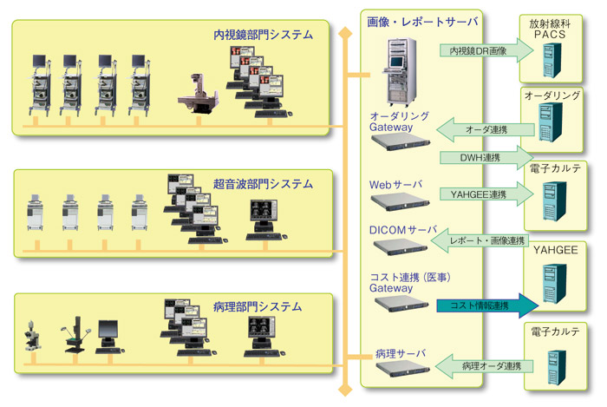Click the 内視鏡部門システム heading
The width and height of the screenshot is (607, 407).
[263, 36]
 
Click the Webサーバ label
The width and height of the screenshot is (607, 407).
[393, 184]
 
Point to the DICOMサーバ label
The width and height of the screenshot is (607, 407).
[404, 229]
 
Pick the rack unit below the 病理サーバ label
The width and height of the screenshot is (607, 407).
[400, 370]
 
